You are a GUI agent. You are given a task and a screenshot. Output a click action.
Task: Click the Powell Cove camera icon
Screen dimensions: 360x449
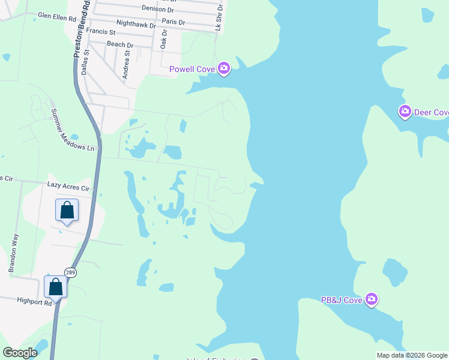tap(224, 69)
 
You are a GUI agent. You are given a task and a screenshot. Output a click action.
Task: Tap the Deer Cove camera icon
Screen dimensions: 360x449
tap(405, 112)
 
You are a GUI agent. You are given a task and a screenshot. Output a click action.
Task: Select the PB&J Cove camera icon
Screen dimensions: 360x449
tap(372, 299)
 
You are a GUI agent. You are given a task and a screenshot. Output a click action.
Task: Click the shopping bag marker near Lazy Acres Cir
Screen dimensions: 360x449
tap(67, 211)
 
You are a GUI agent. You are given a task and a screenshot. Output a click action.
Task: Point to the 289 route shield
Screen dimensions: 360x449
tap(71, 272)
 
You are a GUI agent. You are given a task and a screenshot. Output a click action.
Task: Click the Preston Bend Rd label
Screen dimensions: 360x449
tap(82, 29)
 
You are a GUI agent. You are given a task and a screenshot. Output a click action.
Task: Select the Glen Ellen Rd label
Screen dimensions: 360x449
tap(57, 19)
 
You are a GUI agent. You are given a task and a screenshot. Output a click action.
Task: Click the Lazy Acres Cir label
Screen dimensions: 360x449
tap(68, 188)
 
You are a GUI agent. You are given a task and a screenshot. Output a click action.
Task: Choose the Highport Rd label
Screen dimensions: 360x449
tap(34, 302)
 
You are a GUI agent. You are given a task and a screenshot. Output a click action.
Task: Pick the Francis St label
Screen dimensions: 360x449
tap(100, 31)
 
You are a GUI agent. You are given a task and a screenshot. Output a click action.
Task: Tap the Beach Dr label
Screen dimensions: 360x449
tap(120, 44)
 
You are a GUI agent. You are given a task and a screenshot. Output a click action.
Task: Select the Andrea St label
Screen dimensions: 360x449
tap(126, 65)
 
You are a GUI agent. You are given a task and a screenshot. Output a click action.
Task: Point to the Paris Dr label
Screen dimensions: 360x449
tap(174, 22)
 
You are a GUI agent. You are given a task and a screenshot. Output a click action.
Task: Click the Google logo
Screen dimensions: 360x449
tap(20, 353)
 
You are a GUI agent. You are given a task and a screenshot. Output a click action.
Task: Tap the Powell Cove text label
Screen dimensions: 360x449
tap(192, 69)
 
